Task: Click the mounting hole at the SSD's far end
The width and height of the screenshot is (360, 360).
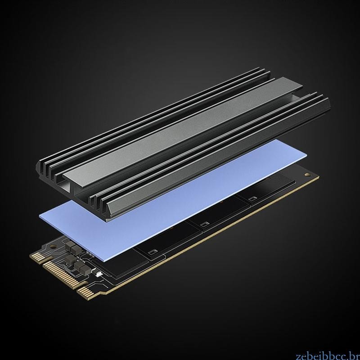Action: [306, 175]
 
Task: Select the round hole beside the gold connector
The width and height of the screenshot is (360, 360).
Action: [53, 246]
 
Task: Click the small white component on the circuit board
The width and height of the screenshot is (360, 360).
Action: [98, 273]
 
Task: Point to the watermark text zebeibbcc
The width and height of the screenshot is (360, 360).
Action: [328, 356]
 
